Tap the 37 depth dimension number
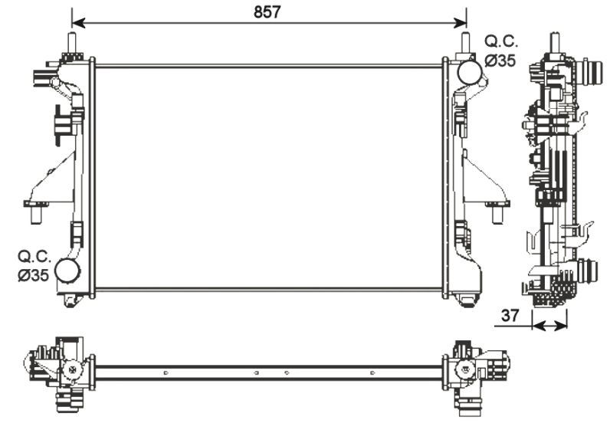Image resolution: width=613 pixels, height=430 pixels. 510,314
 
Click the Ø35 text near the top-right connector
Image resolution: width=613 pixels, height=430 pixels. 500,61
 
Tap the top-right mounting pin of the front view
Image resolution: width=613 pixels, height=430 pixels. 464,42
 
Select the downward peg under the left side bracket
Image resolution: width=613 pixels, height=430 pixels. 36,216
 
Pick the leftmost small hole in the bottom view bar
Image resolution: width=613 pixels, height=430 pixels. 165,373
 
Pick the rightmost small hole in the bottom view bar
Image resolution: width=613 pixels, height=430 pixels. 372,373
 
